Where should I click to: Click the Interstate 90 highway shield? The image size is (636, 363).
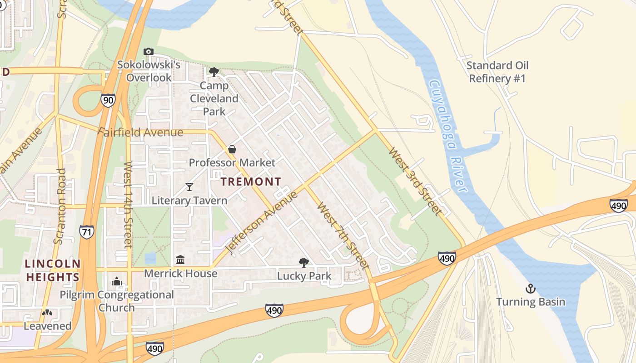108,100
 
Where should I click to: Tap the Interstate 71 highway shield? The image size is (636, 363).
86,231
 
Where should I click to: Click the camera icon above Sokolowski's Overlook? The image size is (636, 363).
149,52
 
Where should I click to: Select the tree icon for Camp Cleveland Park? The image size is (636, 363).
214,72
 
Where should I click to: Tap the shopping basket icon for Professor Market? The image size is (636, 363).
232,149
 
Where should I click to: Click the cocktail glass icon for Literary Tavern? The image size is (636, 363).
189,187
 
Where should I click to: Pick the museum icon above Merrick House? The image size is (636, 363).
180,260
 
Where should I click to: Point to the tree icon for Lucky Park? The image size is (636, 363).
303,262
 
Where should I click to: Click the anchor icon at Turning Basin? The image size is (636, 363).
530,288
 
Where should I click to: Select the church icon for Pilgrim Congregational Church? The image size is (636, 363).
117,282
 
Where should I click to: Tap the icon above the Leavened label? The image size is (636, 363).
47,313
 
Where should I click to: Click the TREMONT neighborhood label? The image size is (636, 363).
251,182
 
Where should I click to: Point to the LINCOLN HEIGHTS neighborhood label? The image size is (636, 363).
53,270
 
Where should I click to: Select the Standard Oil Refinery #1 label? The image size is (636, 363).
497,72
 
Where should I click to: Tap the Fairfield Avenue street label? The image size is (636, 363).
141,132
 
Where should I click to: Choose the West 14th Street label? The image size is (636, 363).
128,204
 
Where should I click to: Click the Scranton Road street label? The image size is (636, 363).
60,206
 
